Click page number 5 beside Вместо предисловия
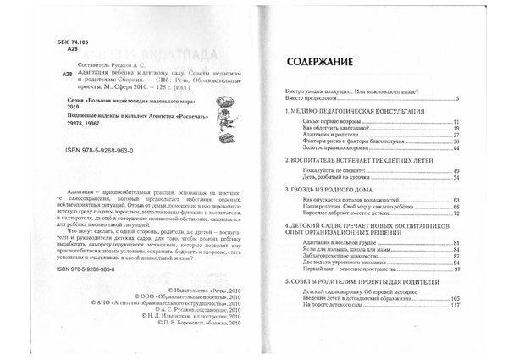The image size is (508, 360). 479,99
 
